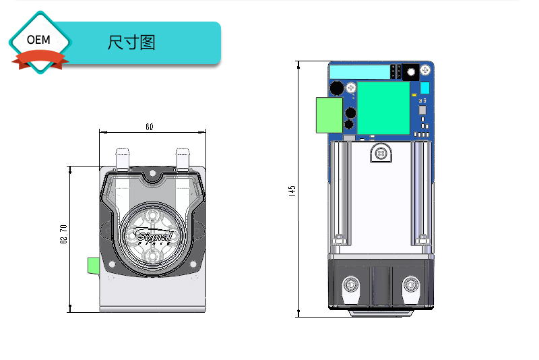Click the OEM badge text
tap(38, 40)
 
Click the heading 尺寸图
tap(131, 42)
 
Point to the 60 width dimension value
tap(149, 126)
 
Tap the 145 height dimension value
tap(292, 191)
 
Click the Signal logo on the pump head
tap(154, 236)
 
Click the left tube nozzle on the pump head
tap(122, 160)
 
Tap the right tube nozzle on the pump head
tap(183, 160)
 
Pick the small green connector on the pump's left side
tap(94, 265)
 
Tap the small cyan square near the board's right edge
tap(424, 88)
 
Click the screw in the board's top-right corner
tap(425, 70)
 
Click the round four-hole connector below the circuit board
tap(381, 154)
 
